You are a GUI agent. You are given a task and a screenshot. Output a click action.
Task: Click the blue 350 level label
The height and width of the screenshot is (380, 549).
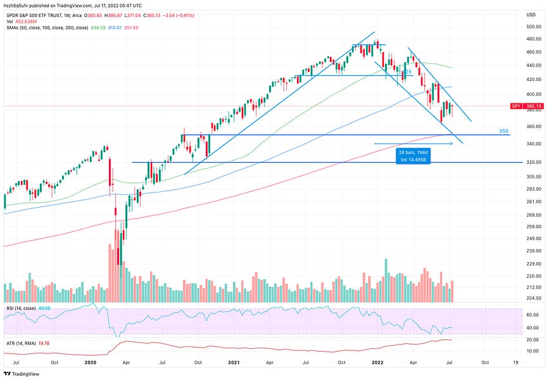pyautogui.click(x=503, y=131)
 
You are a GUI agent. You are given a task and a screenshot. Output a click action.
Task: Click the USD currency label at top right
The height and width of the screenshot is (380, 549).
pyautogui.click(x=529, y=13)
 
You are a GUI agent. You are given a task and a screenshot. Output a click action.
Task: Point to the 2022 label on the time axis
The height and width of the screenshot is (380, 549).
pyautogui.click(x=377, y=362)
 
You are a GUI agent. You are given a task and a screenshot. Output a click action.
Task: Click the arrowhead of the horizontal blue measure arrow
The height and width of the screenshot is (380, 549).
pyautogui.click(x=451, y=144)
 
